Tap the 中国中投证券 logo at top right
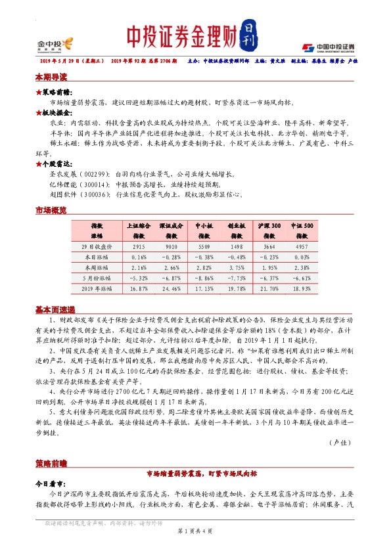[328, 47]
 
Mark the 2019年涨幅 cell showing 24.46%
[170, 288]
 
